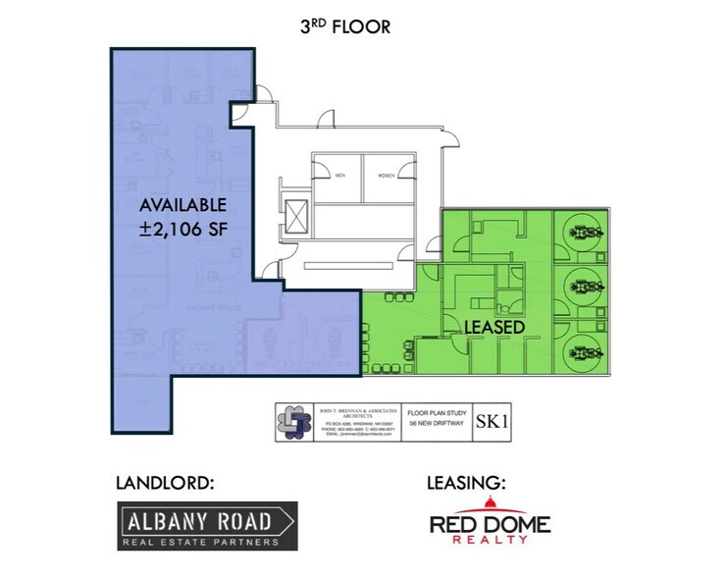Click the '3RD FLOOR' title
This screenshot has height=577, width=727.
(x=344, y=26)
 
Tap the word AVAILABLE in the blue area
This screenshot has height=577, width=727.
(x=182, y=206)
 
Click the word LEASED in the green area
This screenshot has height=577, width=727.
(x=493, y=325)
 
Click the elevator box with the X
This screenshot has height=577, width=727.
(x=296, y=215)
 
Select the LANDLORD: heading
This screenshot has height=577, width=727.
(x=164, y=483)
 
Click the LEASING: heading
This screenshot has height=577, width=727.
(x=466, y=483)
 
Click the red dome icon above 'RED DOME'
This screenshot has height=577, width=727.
(x=490, y=504)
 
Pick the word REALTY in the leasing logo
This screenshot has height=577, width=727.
(x=490, y=541)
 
